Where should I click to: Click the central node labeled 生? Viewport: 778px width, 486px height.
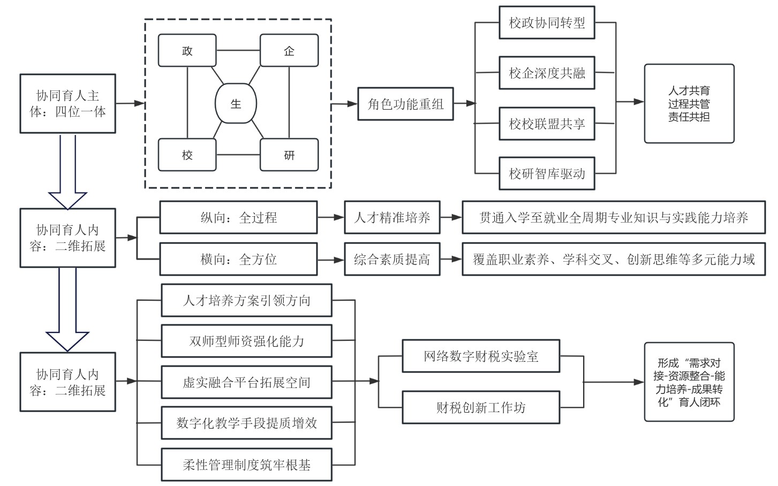click(236, 104)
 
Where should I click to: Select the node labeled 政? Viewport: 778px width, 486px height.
click(187, 51)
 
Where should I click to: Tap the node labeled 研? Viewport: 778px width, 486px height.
click(289, 155)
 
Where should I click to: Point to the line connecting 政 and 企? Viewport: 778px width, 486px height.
click(238, 51)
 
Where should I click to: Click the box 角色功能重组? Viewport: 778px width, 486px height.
click(405, 104)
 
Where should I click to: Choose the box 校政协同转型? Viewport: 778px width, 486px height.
click(547, 23)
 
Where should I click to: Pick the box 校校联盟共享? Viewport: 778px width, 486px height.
click(547, 124)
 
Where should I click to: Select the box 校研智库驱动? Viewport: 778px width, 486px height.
click(547, 173)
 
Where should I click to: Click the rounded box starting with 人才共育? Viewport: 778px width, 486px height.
click(689, 104)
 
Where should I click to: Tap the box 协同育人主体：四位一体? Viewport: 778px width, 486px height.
click(67, 104)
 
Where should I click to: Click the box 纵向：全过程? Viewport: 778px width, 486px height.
click(238, 217)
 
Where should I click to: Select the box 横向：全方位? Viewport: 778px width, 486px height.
click(238, 260)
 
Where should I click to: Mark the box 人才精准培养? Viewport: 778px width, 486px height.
click(392, 217)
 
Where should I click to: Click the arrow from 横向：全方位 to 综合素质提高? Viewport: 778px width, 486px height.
click(331, 260)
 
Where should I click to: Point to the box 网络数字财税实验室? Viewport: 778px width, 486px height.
click(481, 356)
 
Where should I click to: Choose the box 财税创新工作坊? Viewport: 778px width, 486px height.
click(481, 408)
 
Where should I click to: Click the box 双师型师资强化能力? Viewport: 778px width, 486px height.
click(246, 341)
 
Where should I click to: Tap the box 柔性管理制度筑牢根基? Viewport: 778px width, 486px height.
click(246, 465)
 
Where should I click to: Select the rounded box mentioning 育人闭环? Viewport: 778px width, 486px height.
click(689, 382)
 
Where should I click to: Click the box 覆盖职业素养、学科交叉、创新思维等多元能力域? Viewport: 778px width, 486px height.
click(614, 260)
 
